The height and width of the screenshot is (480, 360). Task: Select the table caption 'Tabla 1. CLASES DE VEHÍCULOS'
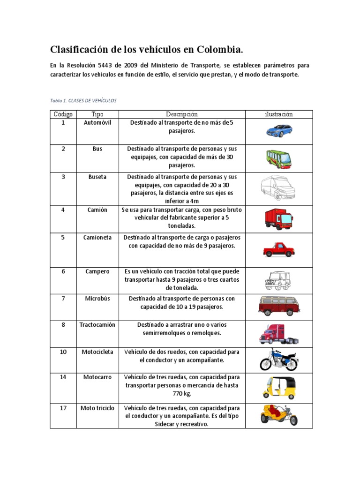(83, 101)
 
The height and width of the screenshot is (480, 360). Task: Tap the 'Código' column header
(63, 114)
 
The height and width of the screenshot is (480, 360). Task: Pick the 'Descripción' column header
(182, 114)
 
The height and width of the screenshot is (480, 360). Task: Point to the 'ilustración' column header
(279, 114)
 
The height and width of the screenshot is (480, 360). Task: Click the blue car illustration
(279, 130)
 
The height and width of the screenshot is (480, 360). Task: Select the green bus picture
(279, 158)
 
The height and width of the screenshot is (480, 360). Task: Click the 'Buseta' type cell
(97, 177)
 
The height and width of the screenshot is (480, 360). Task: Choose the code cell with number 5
(63, 238)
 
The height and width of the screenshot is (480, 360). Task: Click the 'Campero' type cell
(97, 271)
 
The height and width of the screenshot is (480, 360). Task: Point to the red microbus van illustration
(278, 306)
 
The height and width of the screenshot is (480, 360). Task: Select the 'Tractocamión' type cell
(97, 325)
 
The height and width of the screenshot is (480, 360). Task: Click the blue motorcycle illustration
(279, 360)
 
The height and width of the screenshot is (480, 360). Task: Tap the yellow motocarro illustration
(279, 387)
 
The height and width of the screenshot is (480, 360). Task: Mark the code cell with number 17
(63, 408)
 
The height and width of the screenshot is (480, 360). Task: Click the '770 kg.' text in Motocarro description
(182, 394)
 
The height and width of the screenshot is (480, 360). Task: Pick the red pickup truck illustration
(279, 250)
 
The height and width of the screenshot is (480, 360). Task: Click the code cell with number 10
(63, 352)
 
